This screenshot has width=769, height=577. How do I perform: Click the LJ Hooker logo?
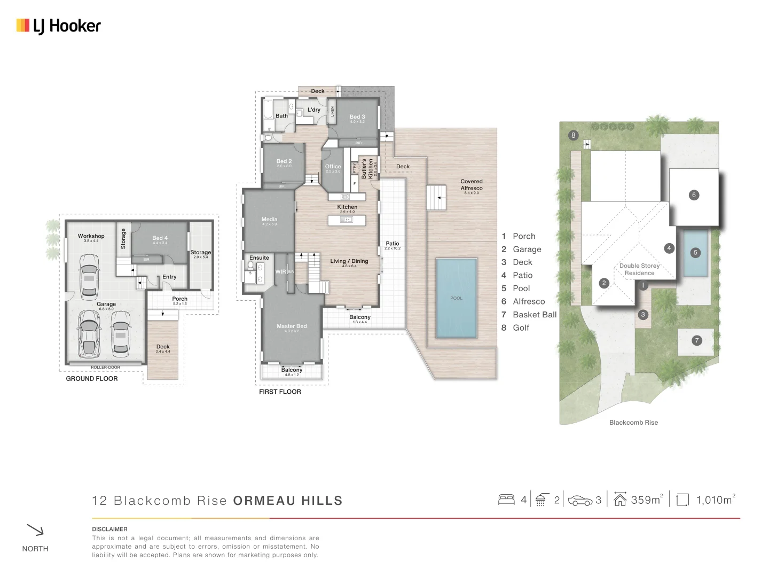pos(59,26)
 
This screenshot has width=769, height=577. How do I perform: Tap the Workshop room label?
pos(91,236)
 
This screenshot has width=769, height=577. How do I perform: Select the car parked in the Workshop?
pos(89,276)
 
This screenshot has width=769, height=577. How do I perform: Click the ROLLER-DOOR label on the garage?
pos(105,367)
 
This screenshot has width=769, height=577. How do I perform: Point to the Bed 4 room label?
pos(160,238)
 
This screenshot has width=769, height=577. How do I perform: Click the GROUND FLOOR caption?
pos(92,379)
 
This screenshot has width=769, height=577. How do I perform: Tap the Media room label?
pos(269,220)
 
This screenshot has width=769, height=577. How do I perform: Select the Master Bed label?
pos(292,326)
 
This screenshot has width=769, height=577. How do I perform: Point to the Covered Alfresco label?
pos(472,185)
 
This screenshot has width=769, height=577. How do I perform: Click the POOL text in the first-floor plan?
pos(456,298)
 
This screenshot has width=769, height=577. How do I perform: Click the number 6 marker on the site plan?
pos(694,195)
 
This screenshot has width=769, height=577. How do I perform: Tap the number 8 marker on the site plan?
pos(574,135)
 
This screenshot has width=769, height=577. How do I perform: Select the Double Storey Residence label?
pos(639,269)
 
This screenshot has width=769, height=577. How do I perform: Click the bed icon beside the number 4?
pos(506,500)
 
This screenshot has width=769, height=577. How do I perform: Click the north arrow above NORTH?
pos(35,530)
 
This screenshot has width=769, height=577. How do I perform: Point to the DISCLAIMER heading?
pos(109,529)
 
